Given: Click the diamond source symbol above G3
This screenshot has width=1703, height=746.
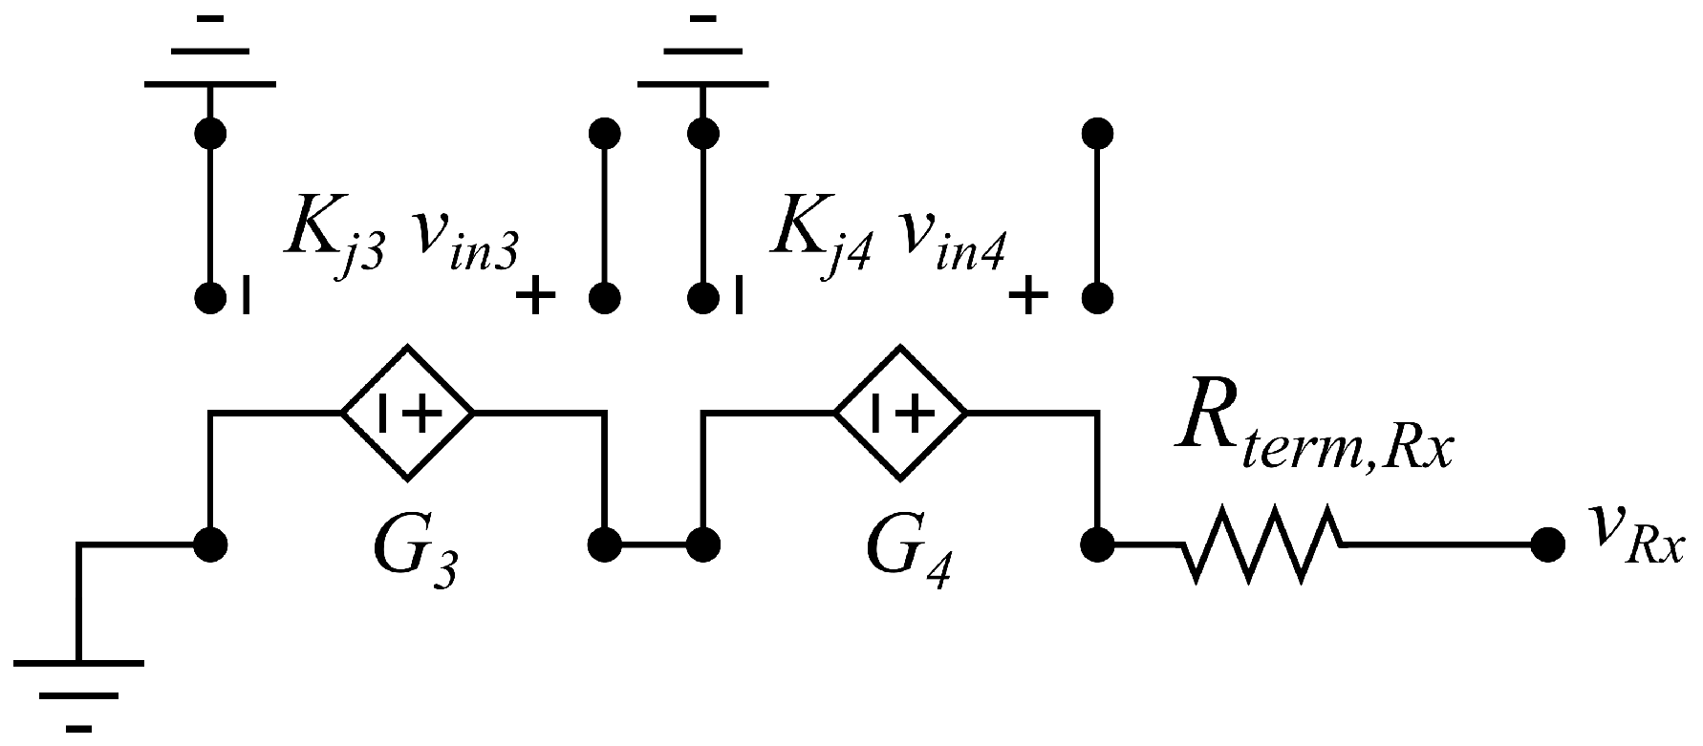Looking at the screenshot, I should click(408, 413).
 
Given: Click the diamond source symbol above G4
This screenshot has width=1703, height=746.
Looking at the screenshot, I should click(901, 413).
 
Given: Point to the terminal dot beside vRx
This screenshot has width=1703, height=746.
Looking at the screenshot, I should click(1546, 545).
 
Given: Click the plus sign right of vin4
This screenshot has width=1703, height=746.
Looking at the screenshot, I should click(1028, 297).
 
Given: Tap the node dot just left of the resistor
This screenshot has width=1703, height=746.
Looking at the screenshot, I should click(1096, 545).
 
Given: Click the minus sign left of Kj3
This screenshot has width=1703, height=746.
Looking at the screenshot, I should click(247, 295).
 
